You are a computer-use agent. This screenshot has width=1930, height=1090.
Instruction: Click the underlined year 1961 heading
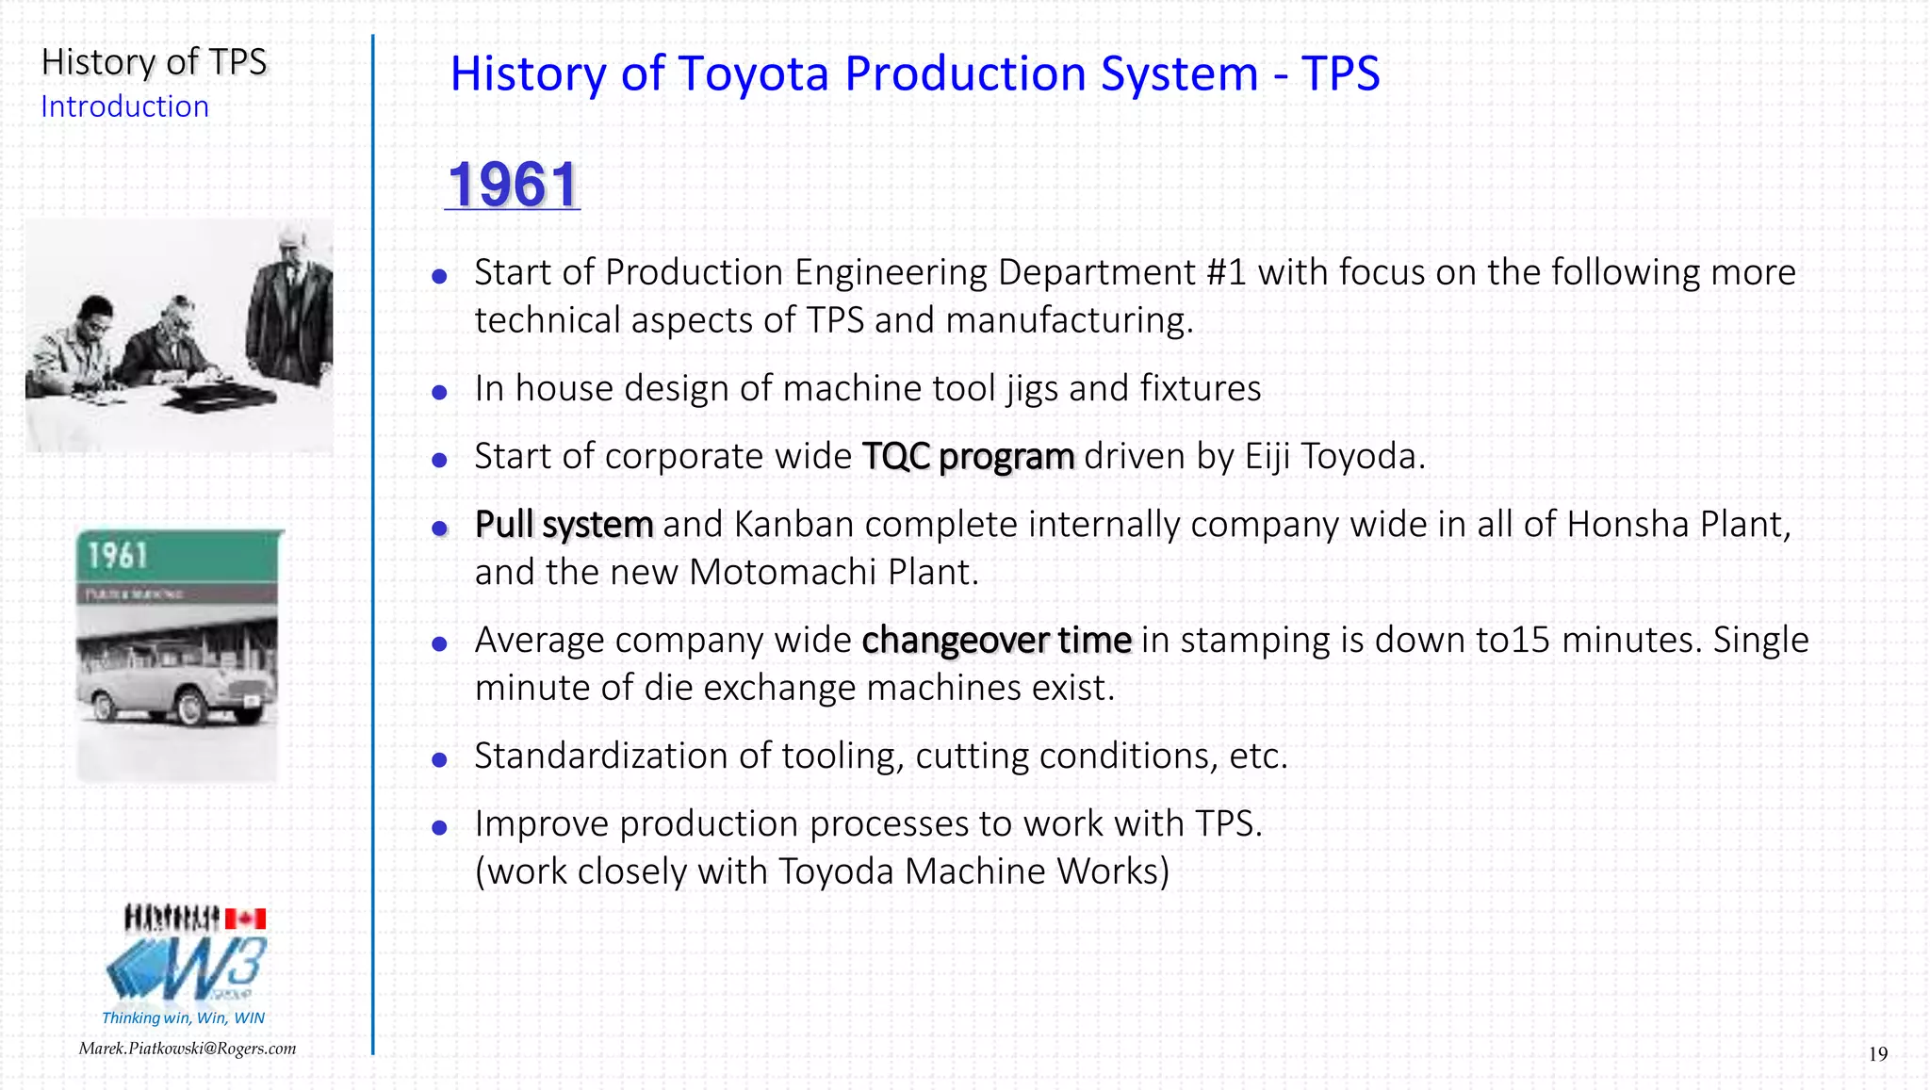[513, 185]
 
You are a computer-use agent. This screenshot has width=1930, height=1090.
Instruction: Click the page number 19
[1877, 1054]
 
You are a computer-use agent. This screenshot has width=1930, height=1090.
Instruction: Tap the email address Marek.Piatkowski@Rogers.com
[188, 1049]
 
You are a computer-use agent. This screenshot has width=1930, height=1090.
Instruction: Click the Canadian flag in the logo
[245, 919]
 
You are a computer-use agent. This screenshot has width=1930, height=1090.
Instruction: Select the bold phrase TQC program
[968, 457]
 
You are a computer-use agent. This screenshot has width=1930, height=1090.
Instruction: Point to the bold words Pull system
[564, 525]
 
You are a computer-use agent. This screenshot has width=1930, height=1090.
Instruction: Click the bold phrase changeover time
[996, 641]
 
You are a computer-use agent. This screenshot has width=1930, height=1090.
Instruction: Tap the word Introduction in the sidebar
[124, 107]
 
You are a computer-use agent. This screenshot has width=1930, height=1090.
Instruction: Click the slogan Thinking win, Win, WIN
[183, 1018]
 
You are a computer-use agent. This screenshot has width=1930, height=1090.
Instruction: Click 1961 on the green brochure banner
[118, 556]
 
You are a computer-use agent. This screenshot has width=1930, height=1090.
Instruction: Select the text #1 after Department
[1226, 273]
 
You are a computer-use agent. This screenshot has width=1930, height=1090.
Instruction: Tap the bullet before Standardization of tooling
[439, 759]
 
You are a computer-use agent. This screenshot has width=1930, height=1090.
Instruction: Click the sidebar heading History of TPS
[154, 62]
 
